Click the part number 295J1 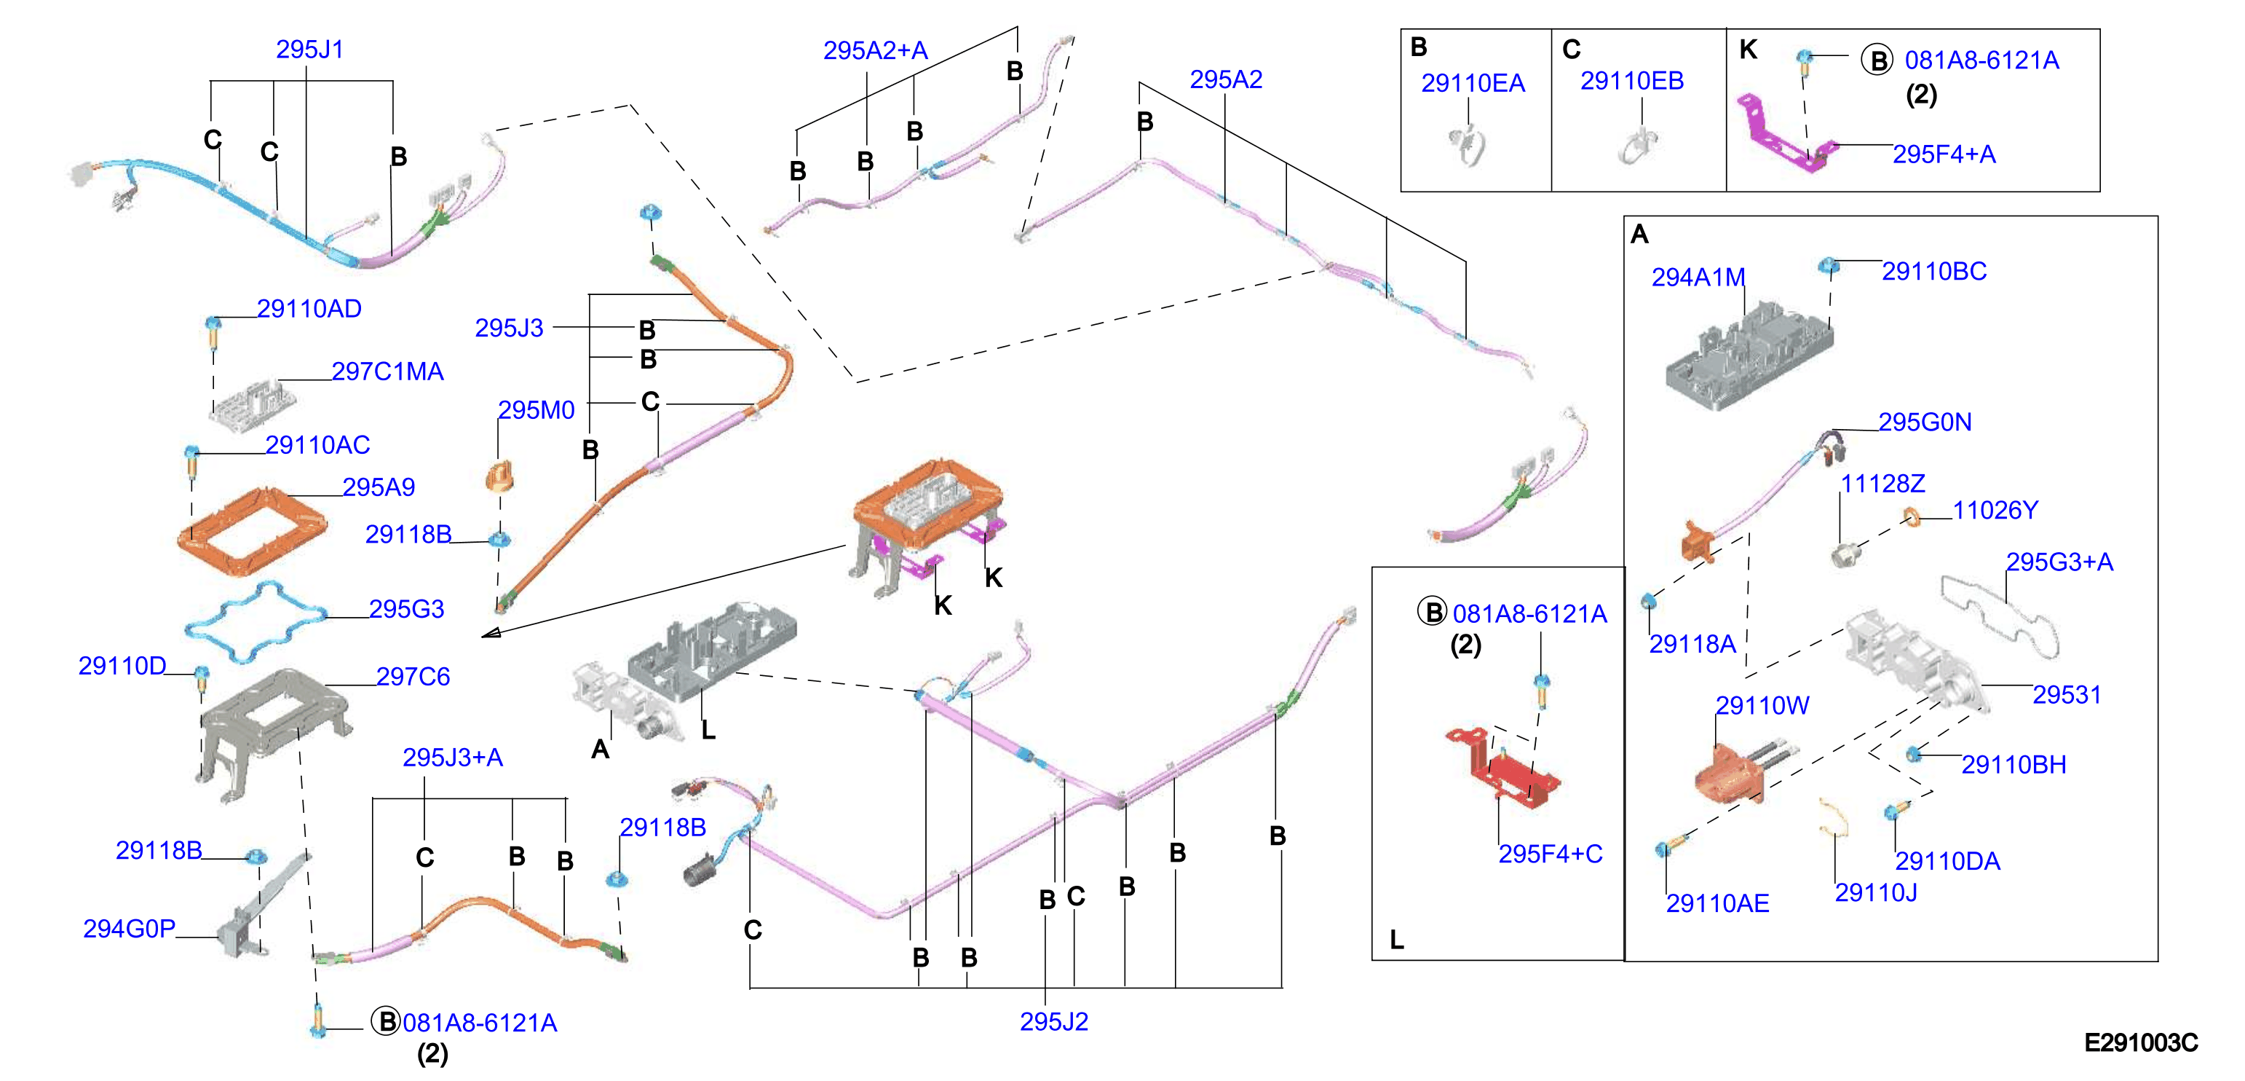(309, 50)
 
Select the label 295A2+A (875, 50)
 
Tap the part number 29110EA (1473, 83)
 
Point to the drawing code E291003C (2140, 1042)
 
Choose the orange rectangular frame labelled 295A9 (253, 532)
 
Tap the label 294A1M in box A (1698, 278)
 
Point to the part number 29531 (2067, 695)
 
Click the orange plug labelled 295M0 (500, 477)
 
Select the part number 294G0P (129, 929)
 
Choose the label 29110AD (309, 309)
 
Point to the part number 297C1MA (387, 372)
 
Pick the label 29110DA (1947, 861)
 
